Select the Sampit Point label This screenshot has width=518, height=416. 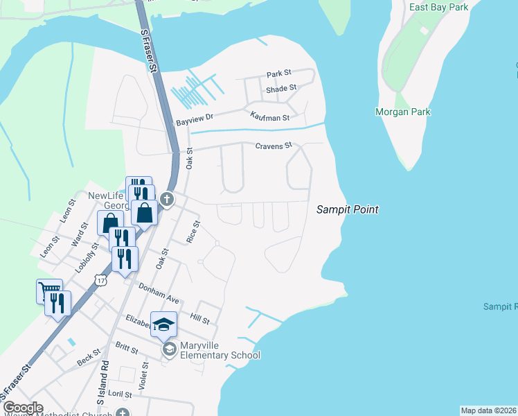[x=348, y=209]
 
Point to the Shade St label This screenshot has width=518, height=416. [x=281, y=88]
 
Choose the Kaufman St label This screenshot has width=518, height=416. [x=269, y=118]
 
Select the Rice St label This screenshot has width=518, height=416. [x=193, y=232]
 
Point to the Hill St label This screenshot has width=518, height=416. [x=199, y=318]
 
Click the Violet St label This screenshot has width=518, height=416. [x=145, y=376]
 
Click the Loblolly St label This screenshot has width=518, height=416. [x=84, y=257]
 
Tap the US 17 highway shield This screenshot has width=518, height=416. [x=102, y=280]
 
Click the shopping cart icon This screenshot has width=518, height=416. [x=48, y=291]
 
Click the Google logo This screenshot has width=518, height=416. [x=22, y=408]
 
